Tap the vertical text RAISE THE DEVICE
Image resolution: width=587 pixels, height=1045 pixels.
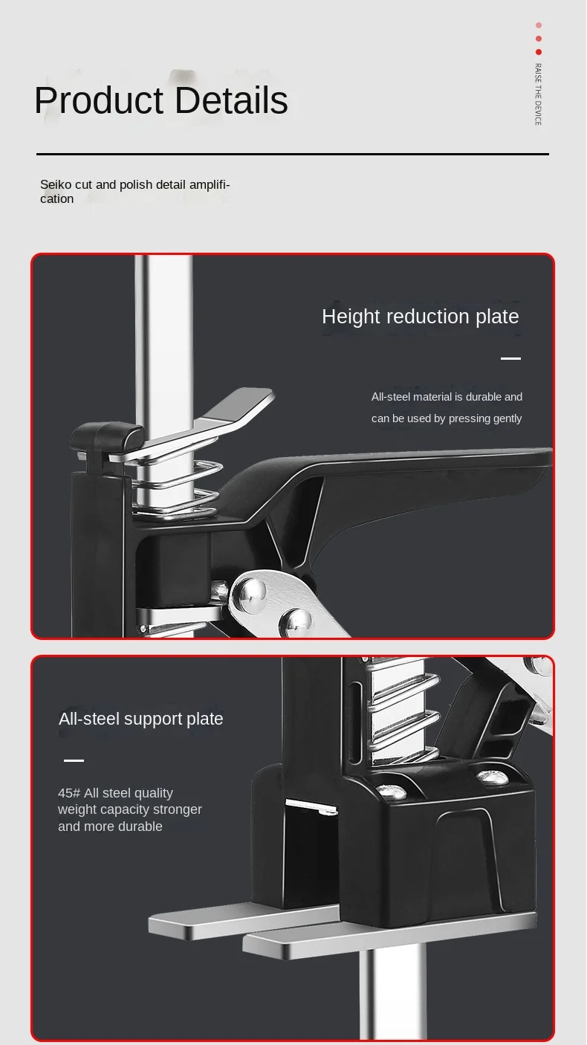[538, 94]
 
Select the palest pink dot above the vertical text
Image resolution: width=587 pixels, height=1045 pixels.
[539, 25]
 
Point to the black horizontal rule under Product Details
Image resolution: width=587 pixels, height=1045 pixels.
[293, 154]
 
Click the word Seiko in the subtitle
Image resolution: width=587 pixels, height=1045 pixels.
[56, 184]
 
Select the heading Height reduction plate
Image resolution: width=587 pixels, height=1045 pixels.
[420, 317]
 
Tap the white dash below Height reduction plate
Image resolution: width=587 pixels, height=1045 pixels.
[510, 358]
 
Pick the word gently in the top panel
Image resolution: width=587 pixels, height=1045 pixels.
[506, 418]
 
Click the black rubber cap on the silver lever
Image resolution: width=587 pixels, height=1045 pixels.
[108, 436]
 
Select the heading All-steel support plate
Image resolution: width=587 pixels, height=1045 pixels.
[140, 719]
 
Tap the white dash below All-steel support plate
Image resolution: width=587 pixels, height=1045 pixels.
[74, 760]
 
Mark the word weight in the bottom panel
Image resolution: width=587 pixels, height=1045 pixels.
[77, 809]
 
